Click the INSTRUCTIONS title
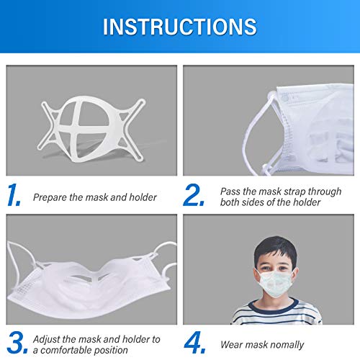(179, 27)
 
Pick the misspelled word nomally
(284, 344)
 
